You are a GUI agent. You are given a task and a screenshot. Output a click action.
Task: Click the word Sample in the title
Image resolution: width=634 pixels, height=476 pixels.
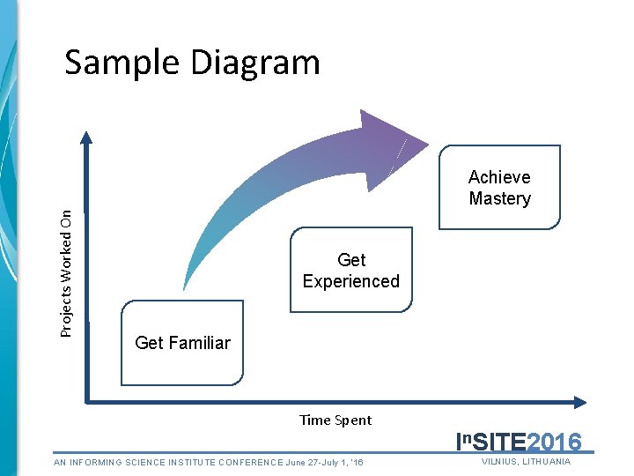[x=114, y=63]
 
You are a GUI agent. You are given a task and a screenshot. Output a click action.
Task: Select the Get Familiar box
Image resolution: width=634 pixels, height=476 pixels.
[x=182, y=343]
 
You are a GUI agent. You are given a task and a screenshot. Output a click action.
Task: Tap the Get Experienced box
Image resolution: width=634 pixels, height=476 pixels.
[x=350, y=271]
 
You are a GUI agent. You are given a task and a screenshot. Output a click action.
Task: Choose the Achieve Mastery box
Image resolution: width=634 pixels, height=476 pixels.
[x=499, y=188]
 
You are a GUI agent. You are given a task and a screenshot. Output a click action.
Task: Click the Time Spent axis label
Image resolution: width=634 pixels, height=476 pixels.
[x=335, y=420]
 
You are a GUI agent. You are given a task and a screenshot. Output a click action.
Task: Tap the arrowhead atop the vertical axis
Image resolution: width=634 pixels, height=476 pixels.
[x=85, y=137]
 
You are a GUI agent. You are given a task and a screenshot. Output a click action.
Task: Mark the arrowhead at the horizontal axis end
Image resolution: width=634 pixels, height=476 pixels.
[x=579, y=403]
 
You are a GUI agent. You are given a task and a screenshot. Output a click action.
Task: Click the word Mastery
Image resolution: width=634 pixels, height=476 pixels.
[x=499, y=199]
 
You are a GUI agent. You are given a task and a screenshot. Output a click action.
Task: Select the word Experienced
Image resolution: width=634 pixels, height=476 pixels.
[x=350, y=281]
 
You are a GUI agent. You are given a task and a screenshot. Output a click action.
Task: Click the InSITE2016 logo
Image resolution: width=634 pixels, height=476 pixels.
[x=519, y=442]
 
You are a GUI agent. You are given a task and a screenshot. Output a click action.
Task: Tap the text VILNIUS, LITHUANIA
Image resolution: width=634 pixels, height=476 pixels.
[x=527, y=462]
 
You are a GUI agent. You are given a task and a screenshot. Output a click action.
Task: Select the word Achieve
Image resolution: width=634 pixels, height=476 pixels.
[x=499, y=177]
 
